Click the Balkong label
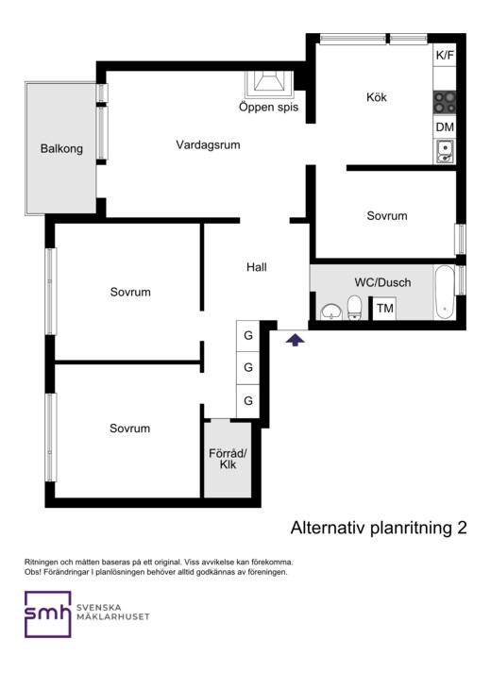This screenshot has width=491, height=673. click(61, 148)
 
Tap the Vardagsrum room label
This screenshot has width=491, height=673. click(208, 144)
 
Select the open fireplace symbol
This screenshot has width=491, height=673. click(269, 84)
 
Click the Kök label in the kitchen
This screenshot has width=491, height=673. click(377, 97)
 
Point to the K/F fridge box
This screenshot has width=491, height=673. click(445, 56)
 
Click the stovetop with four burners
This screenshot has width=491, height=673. click(445, 102)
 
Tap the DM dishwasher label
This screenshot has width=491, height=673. click(445, 127)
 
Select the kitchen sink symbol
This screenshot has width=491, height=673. click(445, 152)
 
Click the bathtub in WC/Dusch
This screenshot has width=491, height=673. click(444, 292)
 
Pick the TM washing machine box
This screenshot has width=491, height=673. click(384, 308)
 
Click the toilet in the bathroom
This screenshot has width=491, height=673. click(354, 308)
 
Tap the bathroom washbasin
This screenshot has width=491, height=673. click(330, 311)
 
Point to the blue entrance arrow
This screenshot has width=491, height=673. click(296, 341)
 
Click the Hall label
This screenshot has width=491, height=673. click(257, 267)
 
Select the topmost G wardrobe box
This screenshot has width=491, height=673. click(248, 336)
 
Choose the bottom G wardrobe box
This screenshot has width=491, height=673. click(248, 401)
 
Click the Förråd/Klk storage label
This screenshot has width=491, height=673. click(228, 459)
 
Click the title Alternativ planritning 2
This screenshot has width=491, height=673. click(379, 528)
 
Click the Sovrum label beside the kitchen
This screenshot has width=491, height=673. click(387, 215)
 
